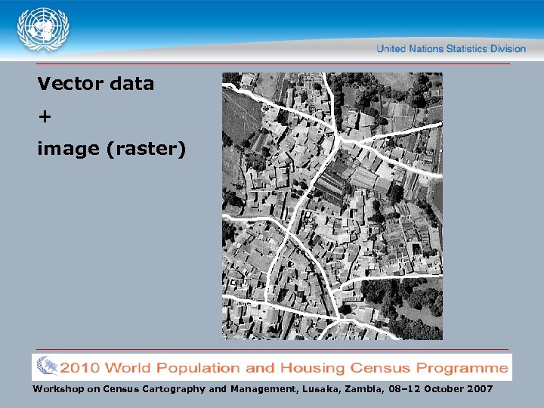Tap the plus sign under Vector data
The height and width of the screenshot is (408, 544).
click(45, 116)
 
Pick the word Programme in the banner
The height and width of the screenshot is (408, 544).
click(466, 369)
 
